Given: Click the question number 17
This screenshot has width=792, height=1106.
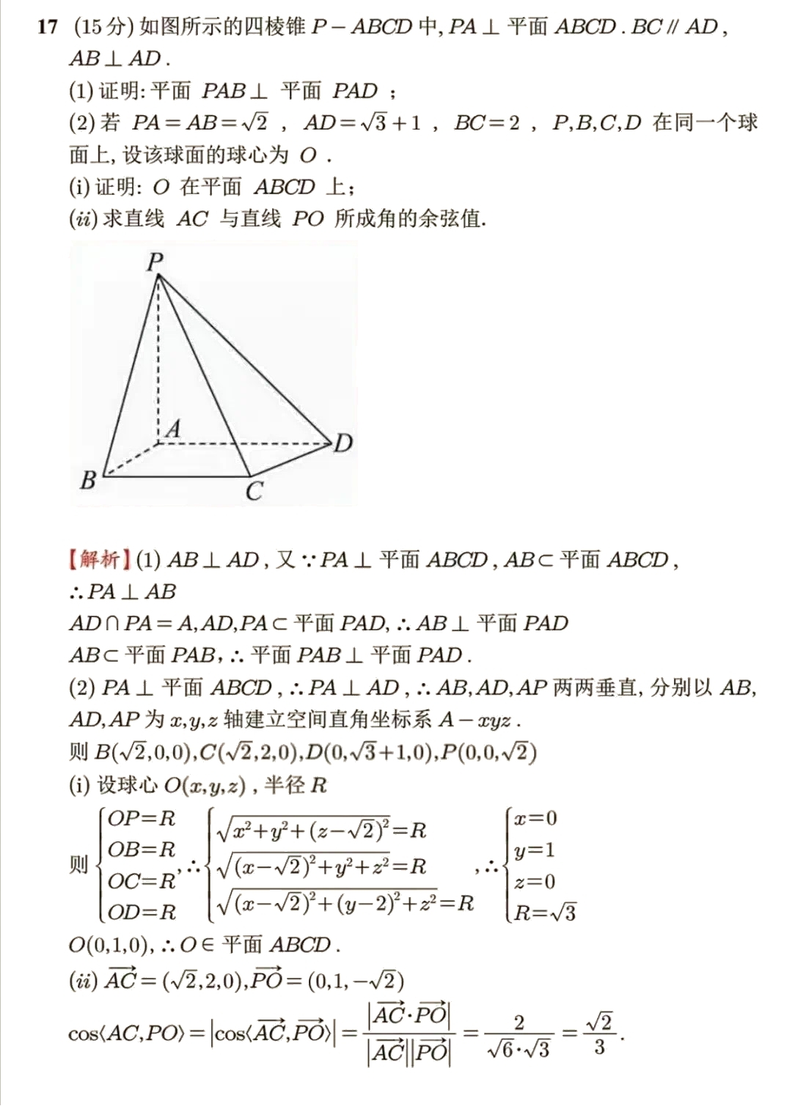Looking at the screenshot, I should tap(48, 28).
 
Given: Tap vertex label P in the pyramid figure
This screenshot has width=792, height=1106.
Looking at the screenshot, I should tap(155, 261).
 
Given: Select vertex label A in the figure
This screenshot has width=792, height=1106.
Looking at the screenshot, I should tap(173, 429).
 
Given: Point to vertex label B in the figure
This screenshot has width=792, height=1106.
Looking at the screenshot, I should tap(89, 480).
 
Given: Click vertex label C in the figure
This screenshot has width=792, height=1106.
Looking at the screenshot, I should tap(254, 491).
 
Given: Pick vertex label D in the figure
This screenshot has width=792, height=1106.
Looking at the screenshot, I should tap(343, 443).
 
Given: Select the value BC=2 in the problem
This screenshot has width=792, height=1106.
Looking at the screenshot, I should tap(486, 122).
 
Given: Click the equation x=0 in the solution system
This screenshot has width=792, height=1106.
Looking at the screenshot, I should tap(535, 818).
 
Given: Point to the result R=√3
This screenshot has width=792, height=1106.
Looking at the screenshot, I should tap(545, 913).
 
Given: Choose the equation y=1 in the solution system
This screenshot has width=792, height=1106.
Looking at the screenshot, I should tap(535, 850).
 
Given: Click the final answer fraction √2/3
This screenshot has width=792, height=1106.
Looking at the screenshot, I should tap(599, 1034).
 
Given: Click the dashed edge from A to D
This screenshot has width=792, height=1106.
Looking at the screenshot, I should tap(249, 443).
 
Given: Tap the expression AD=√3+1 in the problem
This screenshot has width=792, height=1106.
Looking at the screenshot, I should tap(363, 122).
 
